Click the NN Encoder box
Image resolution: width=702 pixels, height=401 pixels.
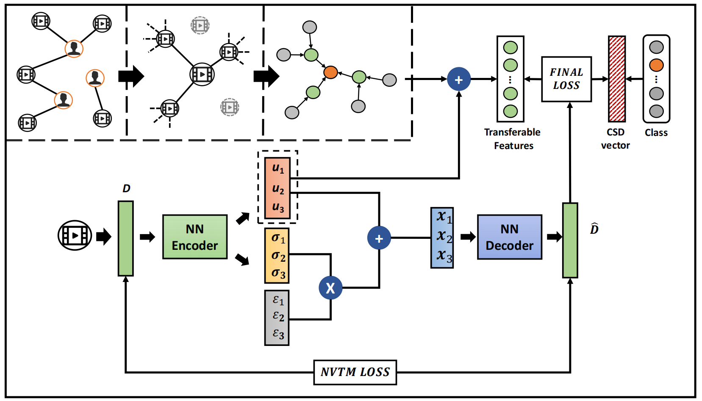click(x=195, y=237)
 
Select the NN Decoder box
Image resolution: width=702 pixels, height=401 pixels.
click(x=510, y=237)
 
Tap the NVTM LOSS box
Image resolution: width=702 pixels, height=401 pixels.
click(x=355, y=372)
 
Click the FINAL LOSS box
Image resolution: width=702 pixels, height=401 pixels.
click(x=566, y=79)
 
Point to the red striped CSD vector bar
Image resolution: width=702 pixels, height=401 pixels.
click(x=617, y=79)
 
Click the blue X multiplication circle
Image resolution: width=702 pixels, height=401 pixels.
click(x=330, y=288)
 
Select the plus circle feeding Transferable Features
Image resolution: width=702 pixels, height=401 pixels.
click(x=459, y=79)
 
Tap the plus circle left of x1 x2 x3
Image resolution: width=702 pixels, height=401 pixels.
click(x=379, y=238)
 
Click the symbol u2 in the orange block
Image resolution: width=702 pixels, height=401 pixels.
click(x=278, y=189)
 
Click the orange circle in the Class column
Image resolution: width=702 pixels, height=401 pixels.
click(x=656, y=65)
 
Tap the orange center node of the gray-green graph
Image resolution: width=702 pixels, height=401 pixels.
click(x=330, y=72)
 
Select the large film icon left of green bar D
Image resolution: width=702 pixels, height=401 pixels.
click(x=75, y=235)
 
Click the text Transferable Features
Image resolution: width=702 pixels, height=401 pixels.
click(x=512, y=139)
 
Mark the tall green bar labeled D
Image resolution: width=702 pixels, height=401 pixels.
click(x=126, y=238)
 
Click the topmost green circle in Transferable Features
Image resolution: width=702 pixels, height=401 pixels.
click(x=510, y=47)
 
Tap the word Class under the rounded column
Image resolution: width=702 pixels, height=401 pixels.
click(x=656, y=133)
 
